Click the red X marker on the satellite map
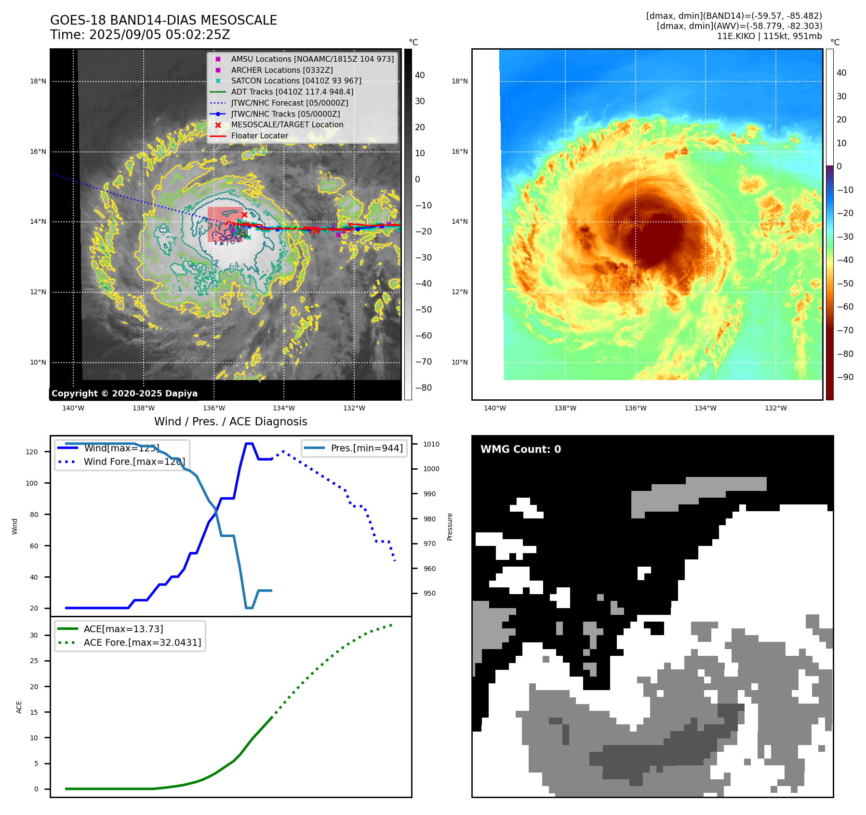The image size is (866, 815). click(x=244, y=215)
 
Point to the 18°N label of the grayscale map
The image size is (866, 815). click(x=38, y=81)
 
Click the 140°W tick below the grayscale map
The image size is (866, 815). click(x=73, y=408)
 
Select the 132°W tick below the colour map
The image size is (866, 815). click(x=775, y=408)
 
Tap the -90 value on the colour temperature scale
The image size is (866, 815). click(x=845, y=377)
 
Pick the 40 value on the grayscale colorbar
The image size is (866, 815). click(x=420, y=75)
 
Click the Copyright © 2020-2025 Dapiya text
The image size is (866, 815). click(x=124, y=394)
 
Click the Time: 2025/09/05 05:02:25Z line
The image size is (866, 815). click(x=140, y=35)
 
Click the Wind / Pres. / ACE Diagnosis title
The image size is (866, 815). click(x=230, y=421)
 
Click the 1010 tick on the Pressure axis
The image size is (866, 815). click(x=431, y=444)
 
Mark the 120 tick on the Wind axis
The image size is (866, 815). click(x=32, y=452)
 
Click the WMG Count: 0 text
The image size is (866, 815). click(x=520, y=449)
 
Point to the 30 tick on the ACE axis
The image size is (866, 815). click(x=34, y=635)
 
